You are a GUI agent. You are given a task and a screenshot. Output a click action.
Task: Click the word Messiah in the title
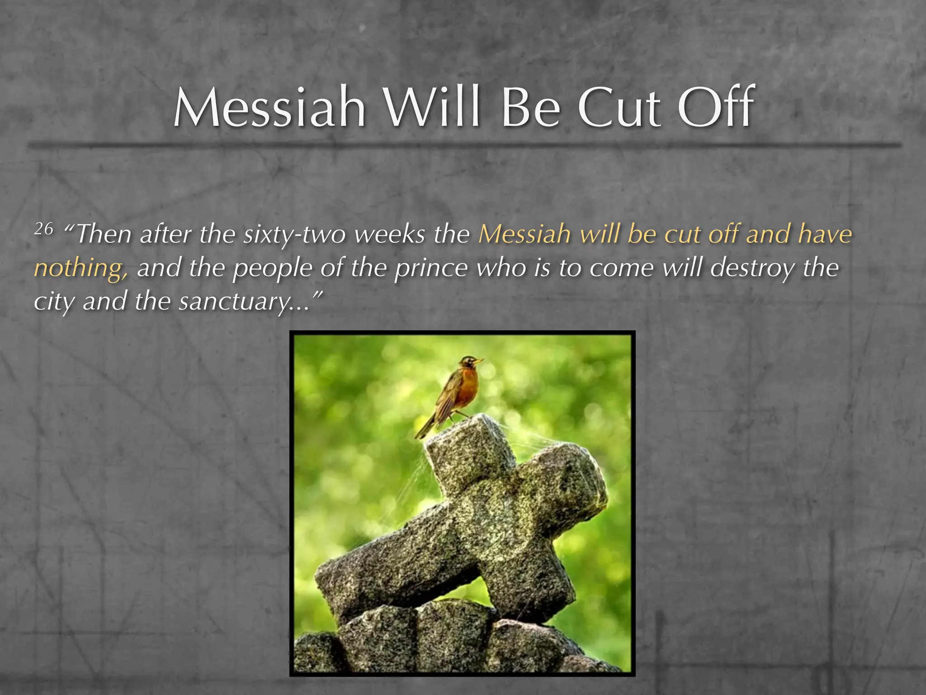click(x=269, y=108)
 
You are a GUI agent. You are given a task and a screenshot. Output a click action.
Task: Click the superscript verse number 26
click(x=44, y=229)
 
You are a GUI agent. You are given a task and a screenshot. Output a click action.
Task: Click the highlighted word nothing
click(x=80, y=268)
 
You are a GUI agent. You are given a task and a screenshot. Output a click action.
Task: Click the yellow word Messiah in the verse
click(x=524, y=234)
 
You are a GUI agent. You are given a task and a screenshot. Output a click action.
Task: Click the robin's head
click(x=469, y=363)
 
